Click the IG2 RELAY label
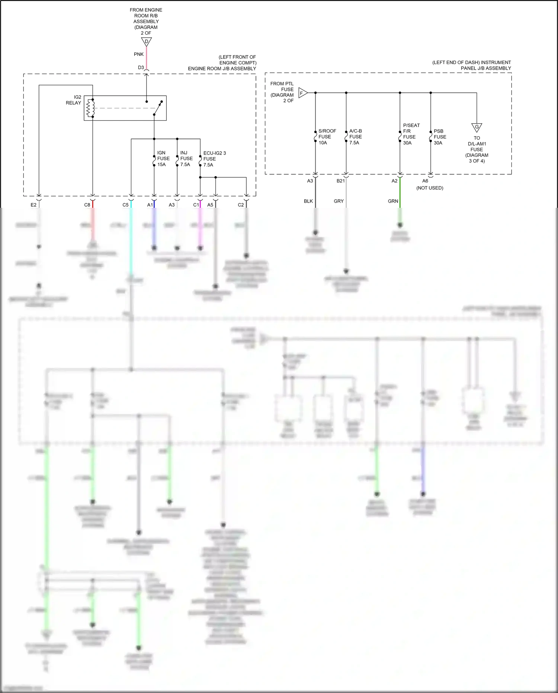[x=73, y=100]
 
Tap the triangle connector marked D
[x=146, y=41]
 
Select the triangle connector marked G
[x=477, y=127]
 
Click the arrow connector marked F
[x=302, y=93]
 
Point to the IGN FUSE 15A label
[x=163, y=159]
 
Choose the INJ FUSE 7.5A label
[x=186, y=159]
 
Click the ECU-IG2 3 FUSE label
[x=214, y=159]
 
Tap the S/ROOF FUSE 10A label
[x=327, y=137]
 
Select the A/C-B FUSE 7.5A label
[x=355, y=137]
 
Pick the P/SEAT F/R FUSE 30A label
[x=411, y=134]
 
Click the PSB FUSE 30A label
[x=439, y=137]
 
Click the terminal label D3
[x=141, y=68]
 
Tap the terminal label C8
[x=87, y=205]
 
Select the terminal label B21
[x=340, y=181]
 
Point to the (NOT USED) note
[x=430, y=188]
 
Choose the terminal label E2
[x=33, y=205]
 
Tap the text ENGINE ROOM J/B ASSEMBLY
[x=222, y=69]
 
